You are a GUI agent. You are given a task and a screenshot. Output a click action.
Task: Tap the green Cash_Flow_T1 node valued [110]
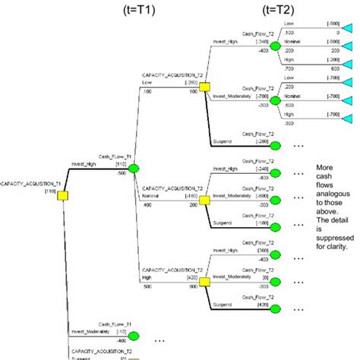click(134, 169)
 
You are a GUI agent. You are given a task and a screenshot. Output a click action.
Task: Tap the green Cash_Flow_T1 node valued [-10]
click(134, 336)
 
